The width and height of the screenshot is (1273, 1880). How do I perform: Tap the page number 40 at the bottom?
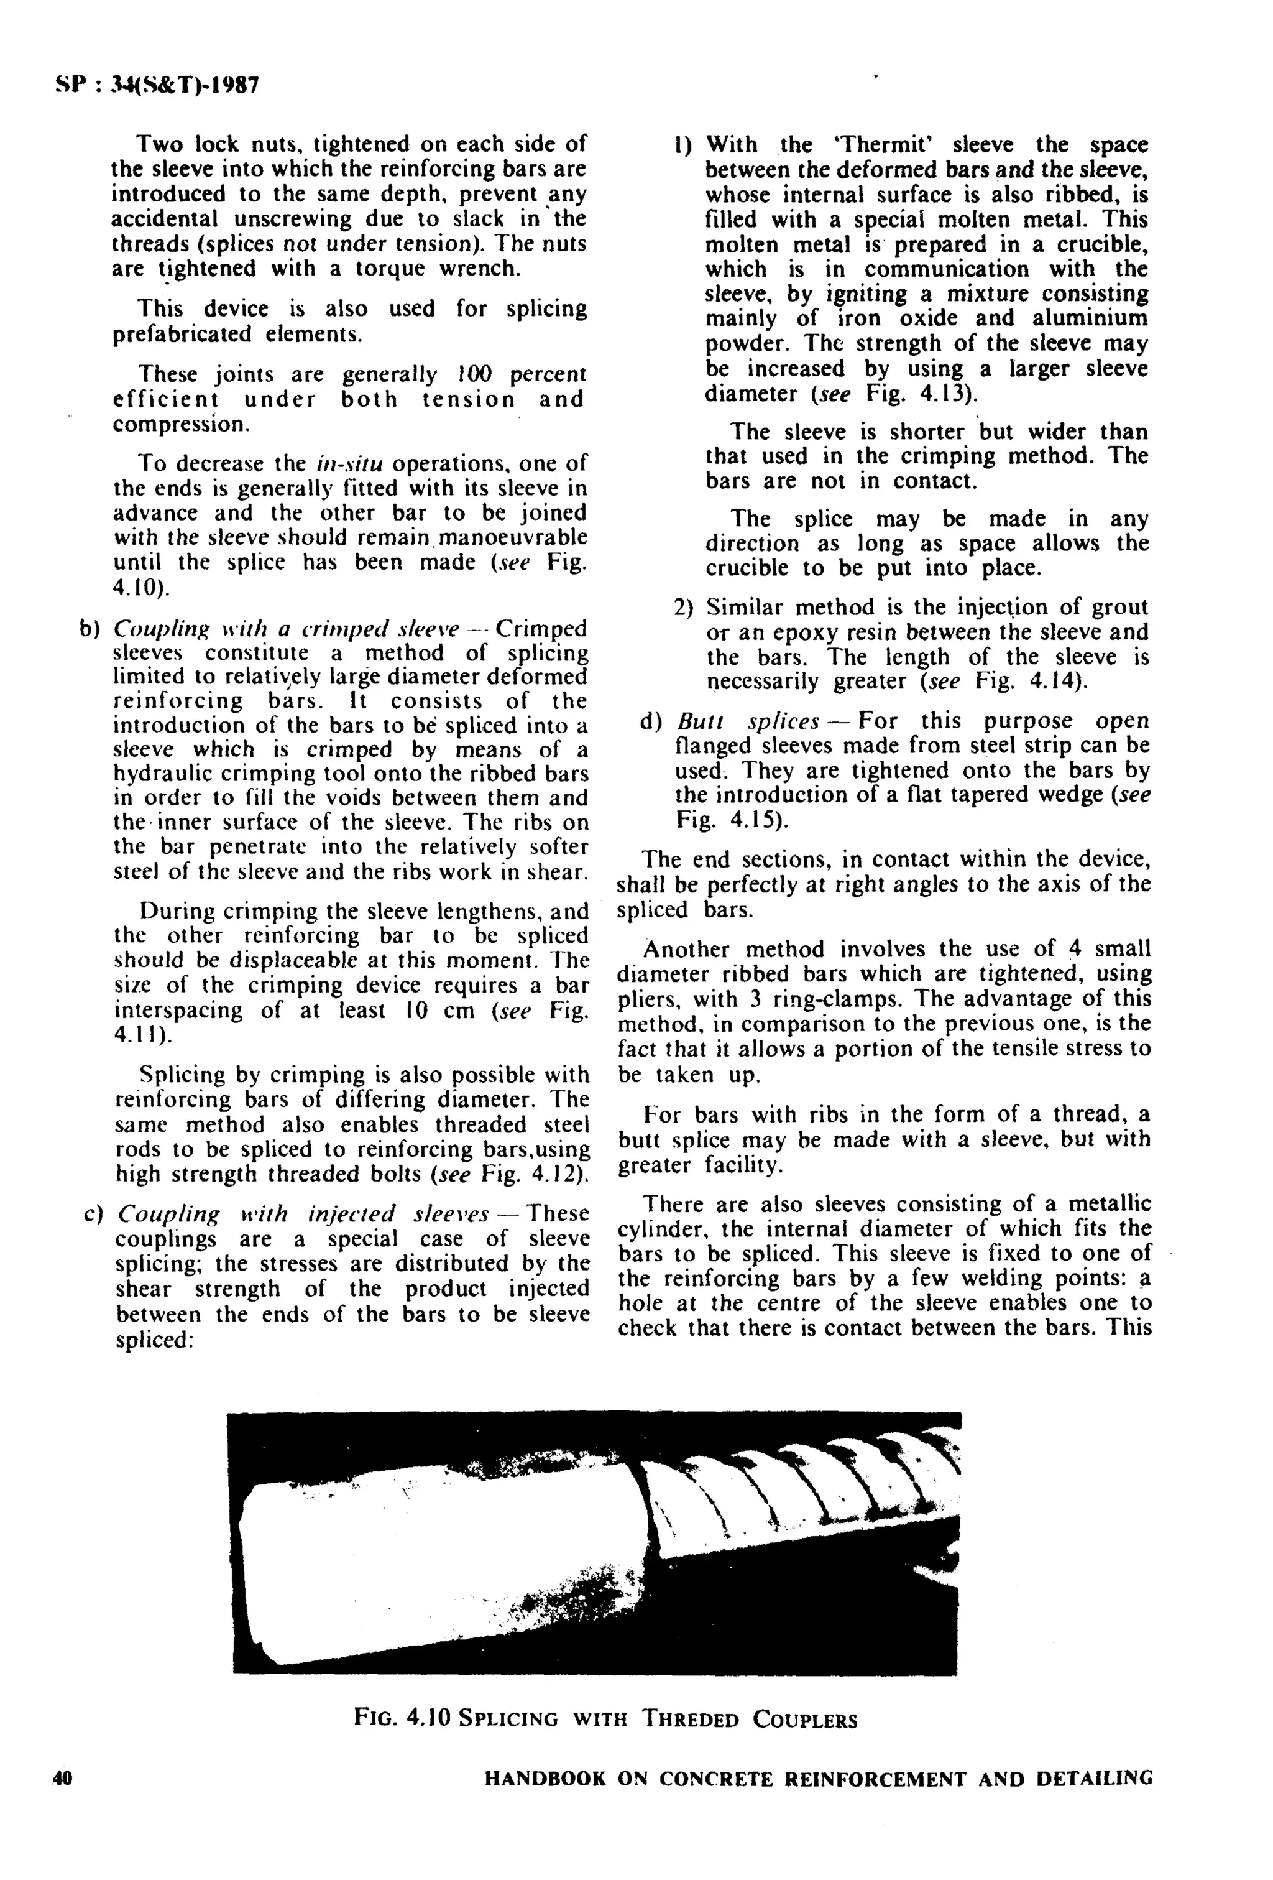click(x=62, y=1778)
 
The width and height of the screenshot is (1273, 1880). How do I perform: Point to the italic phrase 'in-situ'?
click(x=349, y=463)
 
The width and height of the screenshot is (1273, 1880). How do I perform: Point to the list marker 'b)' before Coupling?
click(x=88, y=629)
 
